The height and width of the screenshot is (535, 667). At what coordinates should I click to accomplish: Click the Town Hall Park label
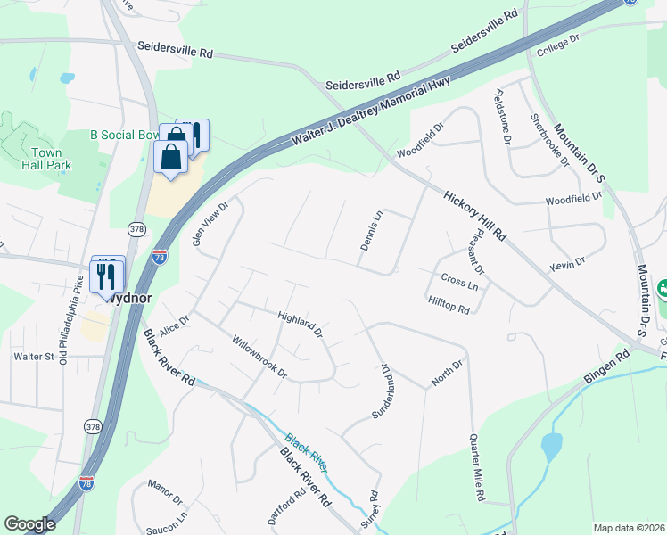pyautogui.click(x=47, y=158)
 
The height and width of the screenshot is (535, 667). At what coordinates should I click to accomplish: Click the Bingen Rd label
pyautogui.click(x=606, y=368)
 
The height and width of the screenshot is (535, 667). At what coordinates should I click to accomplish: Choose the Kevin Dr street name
pyautogui.click(x=567, y=262)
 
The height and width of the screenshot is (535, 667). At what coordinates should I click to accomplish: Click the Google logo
pyautogui.click(x=29, y=524)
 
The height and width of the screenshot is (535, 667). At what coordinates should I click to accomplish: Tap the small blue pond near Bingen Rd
pyautogui.click(x=551, y=446)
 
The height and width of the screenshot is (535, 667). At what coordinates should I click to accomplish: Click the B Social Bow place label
pyautogui.click(x=125, y=135)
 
